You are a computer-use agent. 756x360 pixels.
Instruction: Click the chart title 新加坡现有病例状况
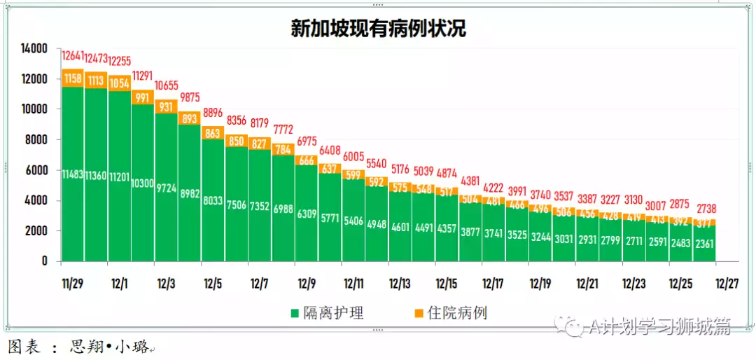(x=379, y=29)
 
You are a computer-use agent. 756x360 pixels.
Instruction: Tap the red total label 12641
(x=73, y=56)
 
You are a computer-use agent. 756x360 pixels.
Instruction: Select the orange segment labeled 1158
(x=73, y=79)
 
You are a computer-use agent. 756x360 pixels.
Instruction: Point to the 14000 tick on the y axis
(x=33, y=48)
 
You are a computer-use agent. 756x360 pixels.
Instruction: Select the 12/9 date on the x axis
(x=307, y=284)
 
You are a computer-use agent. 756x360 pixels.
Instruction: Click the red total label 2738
(x=705, y=209)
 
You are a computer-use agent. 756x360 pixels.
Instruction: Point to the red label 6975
(x=307, y=141)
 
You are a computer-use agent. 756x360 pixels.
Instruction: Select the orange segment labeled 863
(x=213, y=133)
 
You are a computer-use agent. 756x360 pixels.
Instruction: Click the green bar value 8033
(x=213, y=201)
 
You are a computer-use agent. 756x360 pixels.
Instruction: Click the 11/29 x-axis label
(x=73, y=284)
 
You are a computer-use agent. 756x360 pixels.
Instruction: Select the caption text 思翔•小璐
(x=109, y=347)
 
